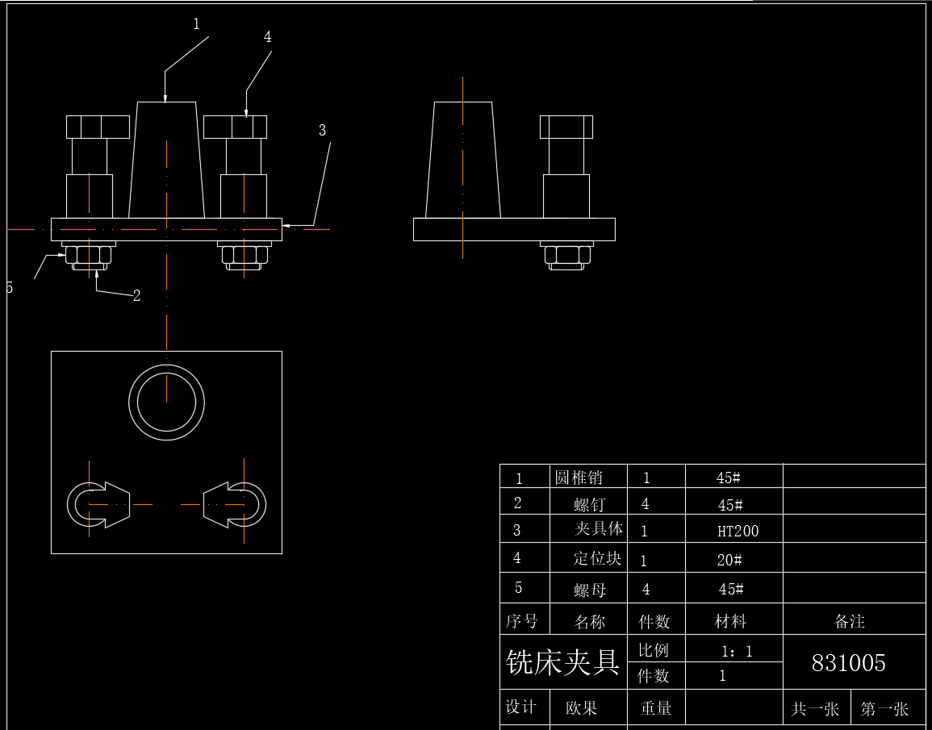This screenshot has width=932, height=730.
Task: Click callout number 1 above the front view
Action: (196, 24)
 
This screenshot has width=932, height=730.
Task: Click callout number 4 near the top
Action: (267, 37)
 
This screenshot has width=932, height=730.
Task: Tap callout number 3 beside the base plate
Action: (322, 130)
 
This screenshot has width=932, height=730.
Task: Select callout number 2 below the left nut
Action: (136, 296)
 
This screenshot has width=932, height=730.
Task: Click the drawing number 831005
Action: (848, 663)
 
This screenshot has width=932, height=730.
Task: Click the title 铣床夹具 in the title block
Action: (562, 662)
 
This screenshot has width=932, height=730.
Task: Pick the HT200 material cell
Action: (738, 532)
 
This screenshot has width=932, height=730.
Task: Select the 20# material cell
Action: (729, 560)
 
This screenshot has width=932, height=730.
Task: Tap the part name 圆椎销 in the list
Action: (579, 478)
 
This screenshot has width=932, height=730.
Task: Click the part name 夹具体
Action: (598, 530)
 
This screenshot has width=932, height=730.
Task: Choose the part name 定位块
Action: (597, 558)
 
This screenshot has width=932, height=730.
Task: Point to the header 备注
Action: (850, 621)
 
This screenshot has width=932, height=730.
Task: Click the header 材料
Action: (730, 621)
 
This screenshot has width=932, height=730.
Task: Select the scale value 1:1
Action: (737, 651)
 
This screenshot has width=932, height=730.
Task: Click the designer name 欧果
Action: (581, 708)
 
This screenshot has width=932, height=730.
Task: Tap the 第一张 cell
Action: (884, 709)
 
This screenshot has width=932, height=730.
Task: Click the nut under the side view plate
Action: (566, 257)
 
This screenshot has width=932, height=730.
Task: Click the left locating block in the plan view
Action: (98, 505)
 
